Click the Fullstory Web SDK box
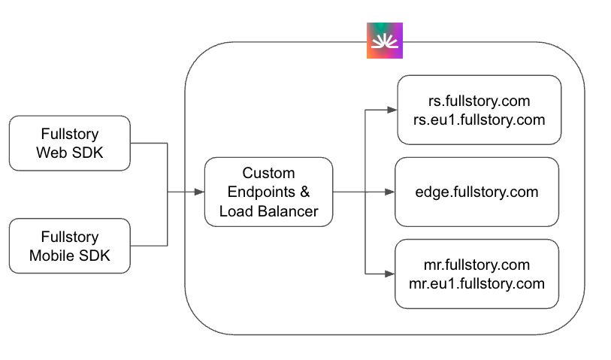tap(69, 143)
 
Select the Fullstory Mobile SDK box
tap(69, 246)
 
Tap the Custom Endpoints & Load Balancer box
tap(268, 192)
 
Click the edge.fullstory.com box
tap(476, 192)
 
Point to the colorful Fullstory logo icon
tap(385, 41)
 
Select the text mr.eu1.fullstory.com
tap(476, 283)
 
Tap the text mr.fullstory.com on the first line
tap(476, 265)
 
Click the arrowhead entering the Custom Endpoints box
tap(199, 192)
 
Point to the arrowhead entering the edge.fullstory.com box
tap(389, 192)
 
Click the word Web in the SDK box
tap(53, 153)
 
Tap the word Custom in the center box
tap(268, 173)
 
